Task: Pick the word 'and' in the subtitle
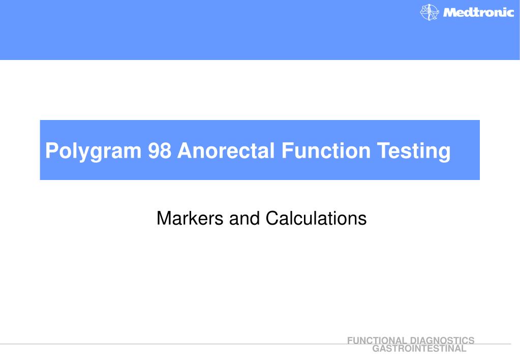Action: pyautogui.click(x=242, y=219)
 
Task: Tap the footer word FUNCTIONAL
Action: pyautogui.click(x=377, y=341)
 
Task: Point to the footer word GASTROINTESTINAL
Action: pyautogui.click(x=419, y=349)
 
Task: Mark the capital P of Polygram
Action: pyautogui.click(x=50, y=152)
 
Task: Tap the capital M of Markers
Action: pyautogui.click(x=164, y=219)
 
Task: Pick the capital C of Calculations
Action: pyautogui.click(x=270, y=219)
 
